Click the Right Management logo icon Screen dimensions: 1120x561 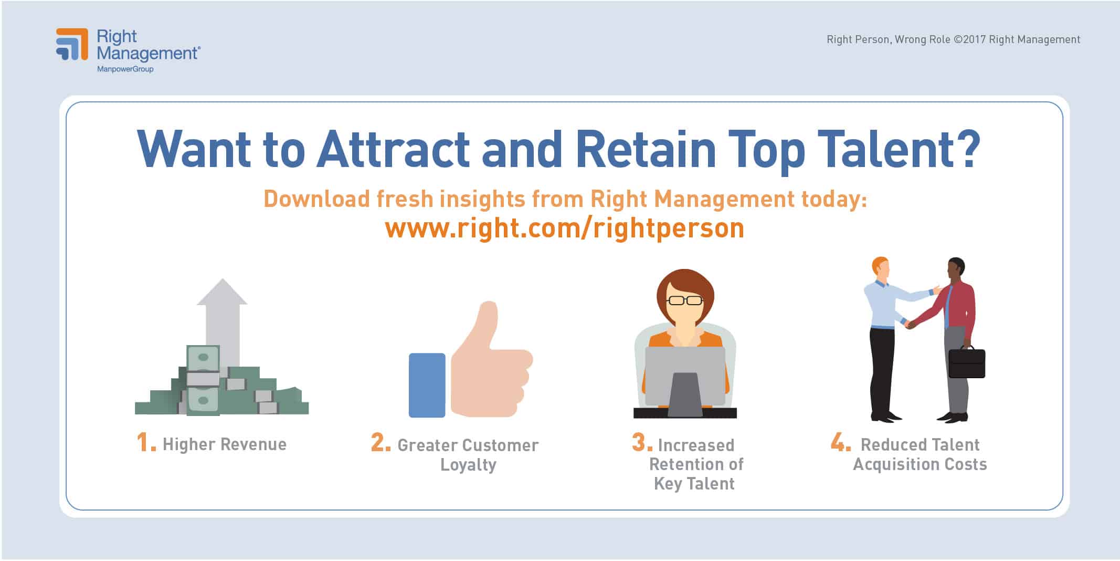coord(72,44)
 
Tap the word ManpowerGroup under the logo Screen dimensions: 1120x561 coord(125,69)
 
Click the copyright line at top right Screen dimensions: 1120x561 coord(953,39)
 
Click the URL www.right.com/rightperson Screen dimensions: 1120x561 coord(565,228)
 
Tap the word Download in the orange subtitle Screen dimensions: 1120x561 coord(316,199)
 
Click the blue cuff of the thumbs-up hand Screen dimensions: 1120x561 coord(427,385)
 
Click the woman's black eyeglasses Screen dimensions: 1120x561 coord(685,300)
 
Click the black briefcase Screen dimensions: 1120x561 coord(967,362)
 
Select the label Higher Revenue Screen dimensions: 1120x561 coord(225,444)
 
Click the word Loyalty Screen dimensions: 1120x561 coord(468,465)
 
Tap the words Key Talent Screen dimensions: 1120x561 coord(694,483)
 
